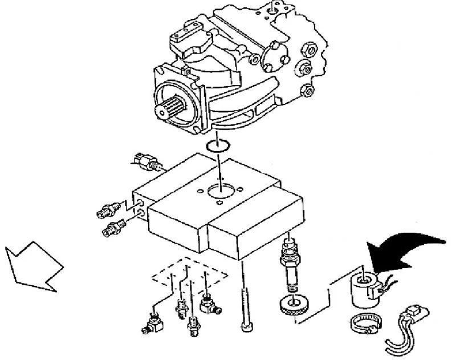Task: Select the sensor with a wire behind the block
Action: [147, 161]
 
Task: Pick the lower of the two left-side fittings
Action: [113, 229]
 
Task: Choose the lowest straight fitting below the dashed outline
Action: [193, 326]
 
